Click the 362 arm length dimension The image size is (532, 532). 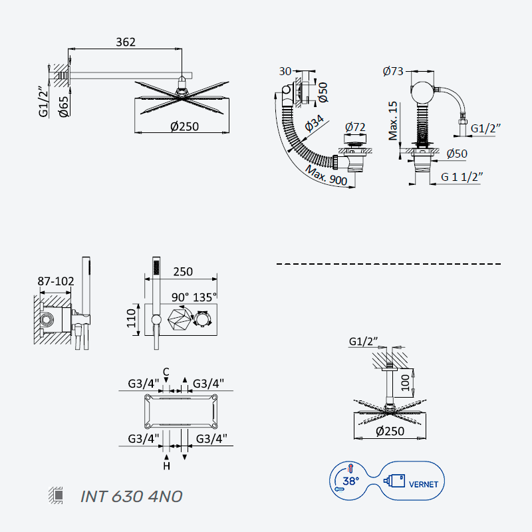(126, 42)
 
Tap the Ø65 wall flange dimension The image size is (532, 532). (63, 106)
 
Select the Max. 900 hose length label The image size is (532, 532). (326, 176)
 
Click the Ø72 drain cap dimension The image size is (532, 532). (355, 127)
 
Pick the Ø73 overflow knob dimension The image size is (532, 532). (393, 71)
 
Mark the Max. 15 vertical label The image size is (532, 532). (393, 120)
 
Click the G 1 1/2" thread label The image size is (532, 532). (462, 177)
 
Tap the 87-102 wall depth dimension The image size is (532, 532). (56, 281)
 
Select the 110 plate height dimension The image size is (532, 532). (131, 319)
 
